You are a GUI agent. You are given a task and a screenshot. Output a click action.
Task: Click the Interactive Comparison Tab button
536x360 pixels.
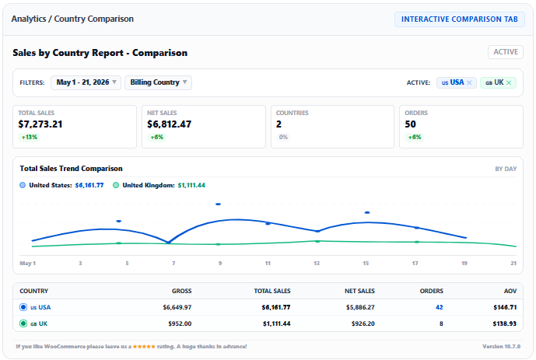(460, 19)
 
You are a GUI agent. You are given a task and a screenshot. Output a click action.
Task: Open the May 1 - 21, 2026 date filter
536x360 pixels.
(86, 82)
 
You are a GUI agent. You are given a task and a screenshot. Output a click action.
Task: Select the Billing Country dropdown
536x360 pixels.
(158, 82)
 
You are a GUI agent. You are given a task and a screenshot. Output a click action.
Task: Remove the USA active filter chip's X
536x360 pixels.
(469, 82)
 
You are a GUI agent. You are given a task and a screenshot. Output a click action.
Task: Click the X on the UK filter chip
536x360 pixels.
(509, 82)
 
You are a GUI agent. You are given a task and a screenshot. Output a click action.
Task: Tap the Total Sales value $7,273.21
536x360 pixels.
(40, 124)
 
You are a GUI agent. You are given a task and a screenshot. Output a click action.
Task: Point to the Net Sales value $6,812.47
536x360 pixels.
(170, 124)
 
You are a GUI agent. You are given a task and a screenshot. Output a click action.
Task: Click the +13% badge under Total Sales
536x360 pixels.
(30, 138)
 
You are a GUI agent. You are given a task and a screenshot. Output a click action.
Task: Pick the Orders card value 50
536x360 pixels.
(410, 124)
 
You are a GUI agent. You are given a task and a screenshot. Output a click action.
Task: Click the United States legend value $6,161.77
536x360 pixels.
(89, 185)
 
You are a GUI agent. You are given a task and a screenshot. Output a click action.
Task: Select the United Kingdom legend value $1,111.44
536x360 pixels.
(191, 185)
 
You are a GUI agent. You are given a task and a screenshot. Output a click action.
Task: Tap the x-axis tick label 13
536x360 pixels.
(317, 264)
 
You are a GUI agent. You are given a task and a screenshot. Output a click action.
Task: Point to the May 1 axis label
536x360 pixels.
(28, 264)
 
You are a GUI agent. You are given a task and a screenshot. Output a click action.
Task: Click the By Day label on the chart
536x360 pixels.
(506, 169)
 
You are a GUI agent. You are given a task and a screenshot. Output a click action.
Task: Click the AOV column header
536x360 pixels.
(510, 291)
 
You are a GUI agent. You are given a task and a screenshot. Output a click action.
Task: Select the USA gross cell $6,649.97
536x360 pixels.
(177, 307)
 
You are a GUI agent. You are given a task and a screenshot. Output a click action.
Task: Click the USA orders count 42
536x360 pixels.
(440, 307)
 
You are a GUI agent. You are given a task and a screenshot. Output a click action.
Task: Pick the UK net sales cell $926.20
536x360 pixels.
(363, 323)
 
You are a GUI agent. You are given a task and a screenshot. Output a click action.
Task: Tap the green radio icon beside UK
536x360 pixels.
(23, 323)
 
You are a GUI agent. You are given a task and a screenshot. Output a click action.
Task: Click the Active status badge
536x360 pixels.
(506, 52)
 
